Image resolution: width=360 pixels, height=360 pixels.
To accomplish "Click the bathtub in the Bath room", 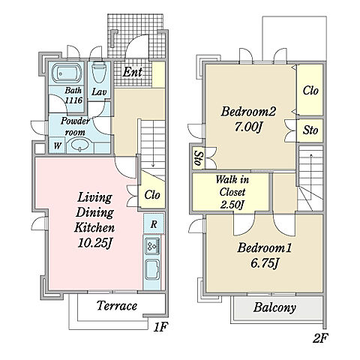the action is click(x=67, y=73).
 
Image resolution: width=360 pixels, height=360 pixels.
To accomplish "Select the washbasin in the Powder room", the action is click(x=79, y=145).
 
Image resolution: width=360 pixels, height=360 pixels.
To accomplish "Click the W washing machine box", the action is click(x=57, y=145).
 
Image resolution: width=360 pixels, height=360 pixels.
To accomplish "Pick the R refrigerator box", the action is click(x=154, y=223).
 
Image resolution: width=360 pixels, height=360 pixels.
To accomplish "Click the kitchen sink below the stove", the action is click(x=152, y=269).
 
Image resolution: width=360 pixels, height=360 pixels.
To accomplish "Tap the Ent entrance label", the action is click(x=132, y=72).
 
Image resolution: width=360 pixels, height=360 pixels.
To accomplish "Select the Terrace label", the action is click(x=117, y=306).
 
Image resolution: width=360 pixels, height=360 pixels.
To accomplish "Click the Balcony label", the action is click(x=274, y=307).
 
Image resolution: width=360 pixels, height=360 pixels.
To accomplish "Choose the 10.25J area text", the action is click(x=94, y=242).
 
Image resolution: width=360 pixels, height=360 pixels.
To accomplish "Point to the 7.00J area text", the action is click(x=248, y=127).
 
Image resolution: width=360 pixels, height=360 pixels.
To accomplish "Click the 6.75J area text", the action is click(x=264, y=263).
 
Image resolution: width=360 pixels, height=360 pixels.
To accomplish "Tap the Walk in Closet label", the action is click(x=232, y=186).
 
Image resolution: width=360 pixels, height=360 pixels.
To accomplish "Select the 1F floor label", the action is click(x=160, y=327).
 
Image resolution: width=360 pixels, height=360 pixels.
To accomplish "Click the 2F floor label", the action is click(x=320, y=338).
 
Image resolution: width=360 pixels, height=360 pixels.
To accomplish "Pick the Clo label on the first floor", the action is click(x=152, y=195).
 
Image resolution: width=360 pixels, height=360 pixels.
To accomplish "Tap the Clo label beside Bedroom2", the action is click(x=310, y=90).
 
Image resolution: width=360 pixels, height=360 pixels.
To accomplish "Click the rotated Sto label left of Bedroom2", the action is click(x=198, y=158).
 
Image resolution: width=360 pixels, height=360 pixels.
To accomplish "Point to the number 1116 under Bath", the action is click(x=73, y=100).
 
